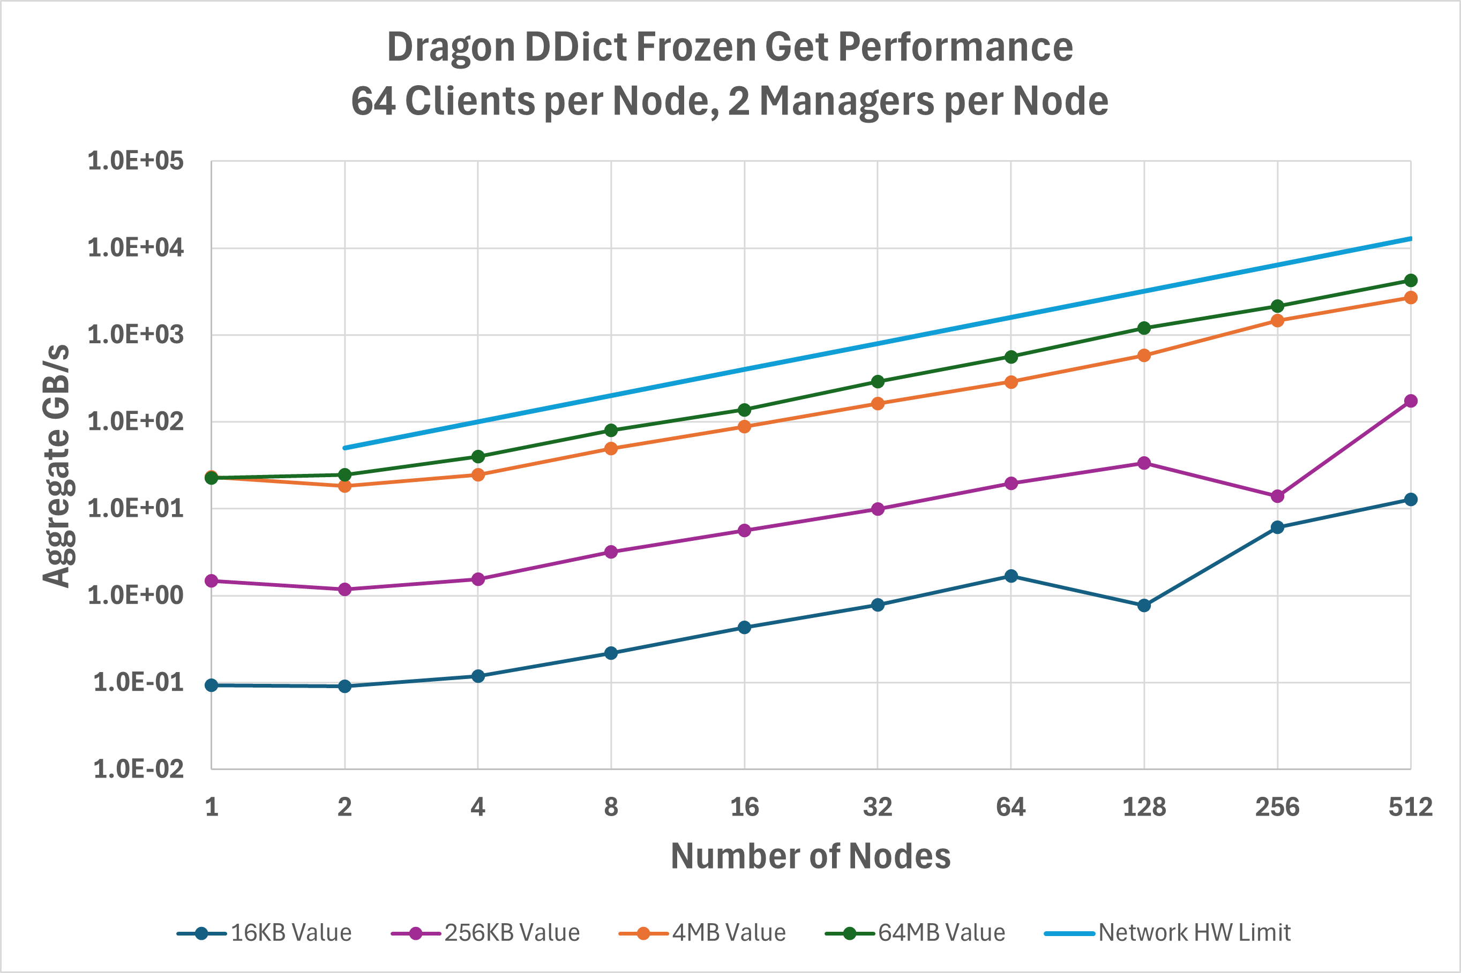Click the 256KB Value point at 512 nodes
1411,401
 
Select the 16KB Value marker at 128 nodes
1144,605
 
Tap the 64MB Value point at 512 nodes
1411,281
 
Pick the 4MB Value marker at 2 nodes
344,486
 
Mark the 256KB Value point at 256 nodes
1277,496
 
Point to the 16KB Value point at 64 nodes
1011,576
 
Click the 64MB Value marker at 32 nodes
878,382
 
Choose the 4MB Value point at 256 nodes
1277,320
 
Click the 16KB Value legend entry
265,933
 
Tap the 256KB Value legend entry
486,933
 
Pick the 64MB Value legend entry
916,933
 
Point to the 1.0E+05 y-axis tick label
136,161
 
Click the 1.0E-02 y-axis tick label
138,770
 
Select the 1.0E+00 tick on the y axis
136,595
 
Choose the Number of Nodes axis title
811,856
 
